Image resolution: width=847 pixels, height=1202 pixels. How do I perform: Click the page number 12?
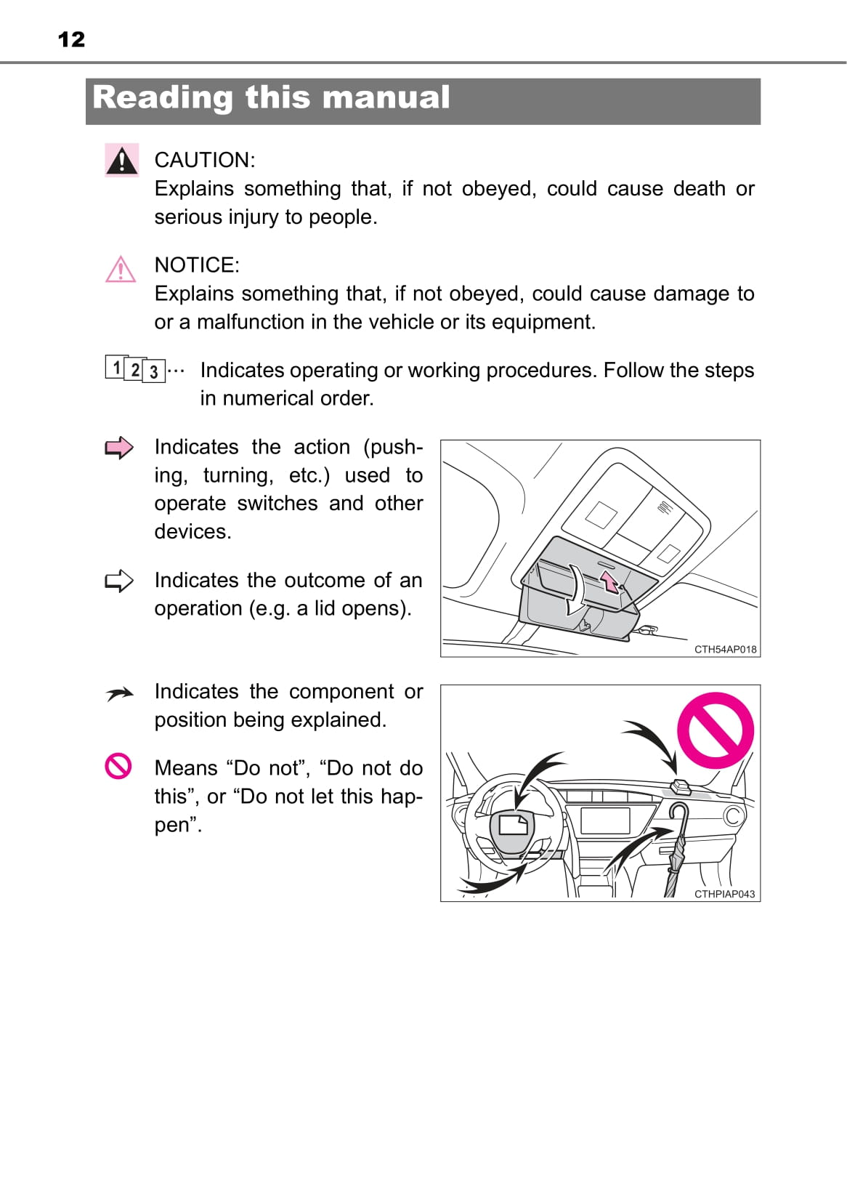[x=71, y=40]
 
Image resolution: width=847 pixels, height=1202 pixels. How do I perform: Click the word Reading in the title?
[x=163, y=98]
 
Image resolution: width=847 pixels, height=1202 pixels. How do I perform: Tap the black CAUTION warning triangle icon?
[x=122, y=160]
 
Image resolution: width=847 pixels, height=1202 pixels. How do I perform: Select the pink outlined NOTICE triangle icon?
[x=121, y=269]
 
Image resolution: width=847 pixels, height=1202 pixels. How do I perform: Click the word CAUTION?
[x=205, y=160]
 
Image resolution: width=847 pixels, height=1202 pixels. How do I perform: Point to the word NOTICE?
[x=197, y=265]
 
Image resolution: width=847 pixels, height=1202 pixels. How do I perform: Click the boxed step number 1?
[x=115, y=367]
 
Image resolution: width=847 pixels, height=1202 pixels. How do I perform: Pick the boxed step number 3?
[x=154, y=371]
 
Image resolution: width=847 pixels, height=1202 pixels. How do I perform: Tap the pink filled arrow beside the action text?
[x=119, y=448]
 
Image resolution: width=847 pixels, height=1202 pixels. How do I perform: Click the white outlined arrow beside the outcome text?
[x=119, y=581]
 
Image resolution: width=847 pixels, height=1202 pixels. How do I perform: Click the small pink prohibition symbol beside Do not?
[x=118, y=766]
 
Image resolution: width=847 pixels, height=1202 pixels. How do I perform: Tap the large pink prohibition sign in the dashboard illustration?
[x=715, y=730]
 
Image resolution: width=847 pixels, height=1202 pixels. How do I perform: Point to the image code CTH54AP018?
[x=725, y=649]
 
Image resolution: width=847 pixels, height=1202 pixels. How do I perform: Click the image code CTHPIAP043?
[x=724, y=894]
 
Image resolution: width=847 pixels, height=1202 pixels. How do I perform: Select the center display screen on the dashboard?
[x=605, y=820]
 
